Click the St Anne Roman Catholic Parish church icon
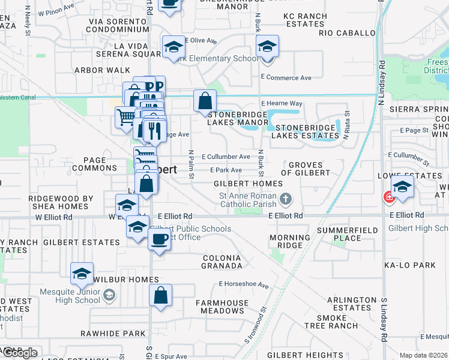click(x=286, y=197)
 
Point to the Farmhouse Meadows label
click(x=219, y=306)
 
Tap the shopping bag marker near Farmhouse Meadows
click(x=160, y=296)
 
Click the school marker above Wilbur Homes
click(x=82, y=274)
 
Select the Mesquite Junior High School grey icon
click(x=109, y=295)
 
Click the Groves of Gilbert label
click(x=309, y=169)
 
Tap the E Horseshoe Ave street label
click(x=243, y=284)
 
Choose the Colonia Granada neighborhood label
click(x=221, y=262)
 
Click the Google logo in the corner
click(x=19, y=352)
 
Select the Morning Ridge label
click(x=289, y=241)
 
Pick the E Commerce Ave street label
click(x=286, y=78)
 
